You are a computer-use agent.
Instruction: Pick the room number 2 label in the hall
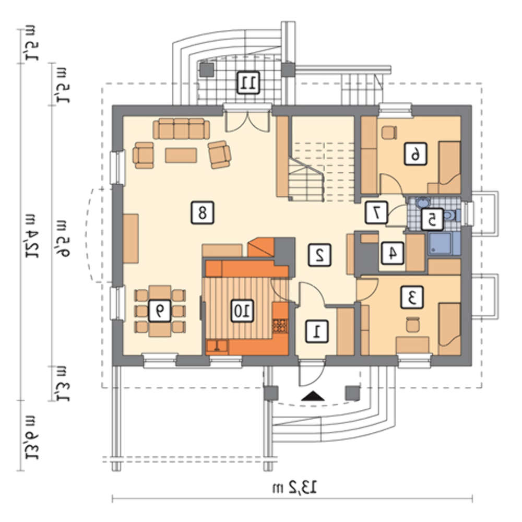(319, 255)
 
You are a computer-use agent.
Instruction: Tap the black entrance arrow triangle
(313, 396)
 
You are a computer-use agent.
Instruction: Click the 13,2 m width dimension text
(294, 488)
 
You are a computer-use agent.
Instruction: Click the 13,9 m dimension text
(32, 437)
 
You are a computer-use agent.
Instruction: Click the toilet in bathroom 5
(452, 215)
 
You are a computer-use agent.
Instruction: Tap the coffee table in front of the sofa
(181, 155)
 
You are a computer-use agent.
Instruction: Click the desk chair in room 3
(412, 324)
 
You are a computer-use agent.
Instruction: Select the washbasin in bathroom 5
(423, 203)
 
